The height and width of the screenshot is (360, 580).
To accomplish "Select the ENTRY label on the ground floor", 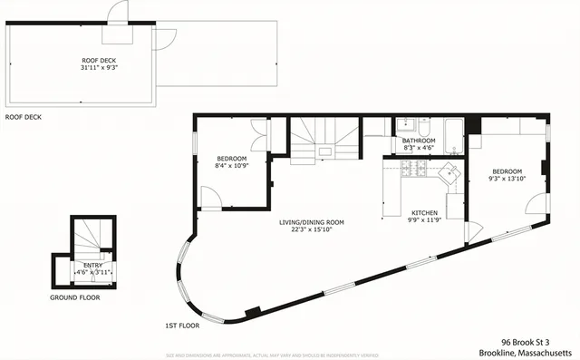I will (92, 265).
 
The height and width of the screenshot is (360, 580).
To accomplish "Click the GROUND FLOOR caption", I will (75, 297).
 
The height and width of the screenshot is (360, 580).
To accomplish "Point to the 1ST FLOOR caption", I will (182, 325).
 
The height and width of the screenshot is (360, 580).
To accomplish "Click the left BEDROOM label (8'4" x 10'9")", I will (231, 159).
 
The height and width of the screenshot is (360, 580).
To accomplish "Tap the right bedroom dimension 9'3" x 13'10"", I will (507, 179).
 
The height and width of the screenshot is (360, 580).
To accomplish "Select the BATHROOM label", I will (419, 141).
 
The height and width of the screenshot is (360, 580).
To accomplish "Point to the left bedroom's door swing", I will (208, 196).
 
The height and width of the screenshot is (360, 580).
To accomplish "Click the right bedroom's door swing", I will (538, 203).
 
